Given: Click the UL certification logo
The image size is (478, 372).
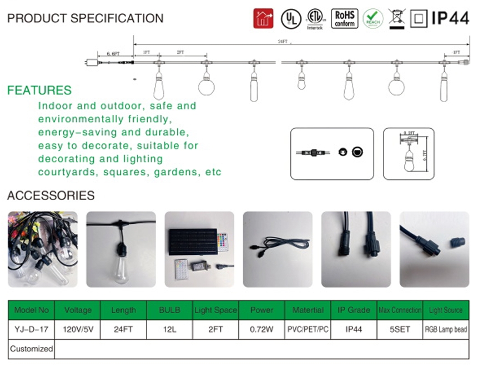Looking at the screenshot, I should pos(290,18).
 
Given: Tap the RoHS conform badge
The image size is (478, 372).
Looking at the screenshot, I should pos(344,18).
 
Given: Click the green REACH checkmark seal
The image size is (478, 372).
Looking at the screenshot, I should pos(373,18).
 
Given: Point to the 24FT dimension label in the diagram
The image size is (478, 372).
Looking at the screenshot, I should pos(283,42).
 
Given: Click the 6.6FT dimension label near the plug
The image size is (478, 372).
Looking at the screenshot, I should pos(113,53).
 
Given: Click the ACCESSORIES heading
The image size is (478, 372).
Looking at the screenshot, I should pos(51,195).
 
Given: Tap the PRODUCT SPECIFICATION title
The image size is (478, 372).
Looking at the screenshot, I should pos(85,18).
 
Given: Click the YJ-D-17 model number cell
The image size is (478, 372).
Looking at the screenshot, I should pos(31,329).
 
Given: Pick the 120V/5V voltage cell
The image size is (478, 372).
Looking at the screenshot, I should pos(78,329).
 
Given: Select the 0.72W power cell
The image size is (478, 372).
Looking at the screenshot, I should pos(261,329).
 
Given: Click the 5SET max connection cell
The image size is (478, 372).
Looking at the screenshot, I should pos(399,329).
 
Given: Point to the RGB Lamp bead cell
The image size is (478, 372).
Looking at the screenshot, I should pos(445,329).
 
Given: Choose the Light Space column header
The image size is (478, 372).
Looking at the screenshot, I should pos(215,310).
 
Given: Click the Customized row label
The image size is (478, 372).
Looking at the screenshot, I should pos(31,349).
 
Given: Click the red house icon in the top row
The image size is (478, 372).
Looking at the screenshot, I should pos(263,18).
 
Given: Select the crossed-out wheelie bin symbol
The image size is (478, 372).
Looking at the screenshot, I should pos(396,18).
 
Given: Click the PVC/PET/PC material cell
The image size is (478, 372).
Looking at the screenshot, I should pos(308,329).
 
